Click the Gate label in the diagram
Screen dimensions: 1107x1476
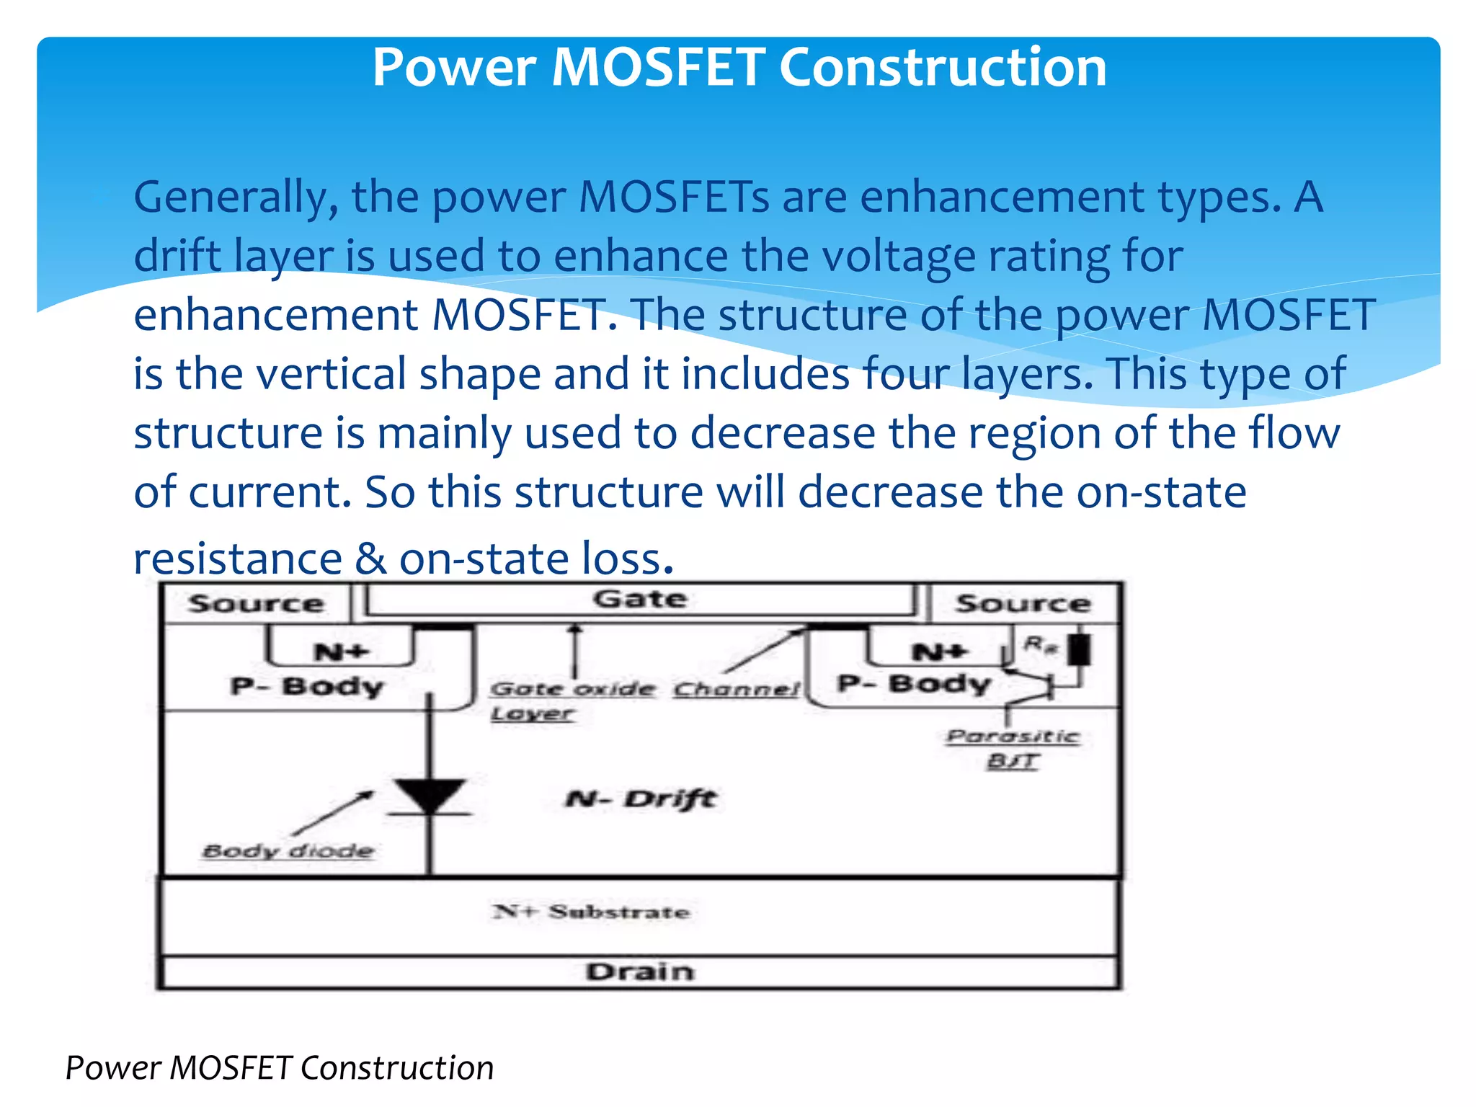[639, 600]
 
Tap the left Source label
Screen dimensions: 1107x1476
[256, 604]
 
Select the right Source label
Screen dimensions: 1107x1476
[1023, 604]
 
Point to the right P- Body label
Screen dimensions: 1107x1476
[914, 683]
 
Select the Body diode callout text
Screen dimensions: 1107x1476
[288, 851]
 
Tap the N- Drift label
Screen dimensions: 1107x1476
[641, 799]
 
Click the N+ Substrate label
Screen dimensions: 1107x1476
[591, 912]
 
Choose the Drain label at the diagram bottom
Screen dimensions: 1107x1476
[640, 972]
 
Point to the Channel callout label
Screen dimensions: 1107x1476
[737, 690]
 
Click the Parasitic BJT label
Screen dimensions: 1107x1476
[1013, 748]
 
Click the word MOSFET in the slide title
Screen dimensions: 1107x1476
[657, 67]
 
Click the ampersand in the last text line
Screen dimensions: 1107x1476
[370, 559]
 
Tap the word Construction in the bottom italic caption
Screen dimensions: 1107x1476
[396, 1068]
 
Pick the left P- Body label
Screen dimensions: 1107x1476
[306, 686]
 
